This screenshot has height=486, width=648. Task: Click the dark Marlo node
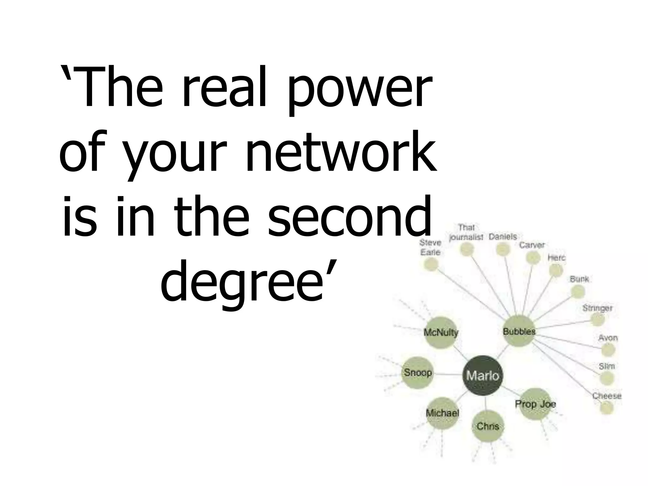[482, 376]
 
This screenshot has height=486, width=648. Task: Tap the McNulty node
[441, 333]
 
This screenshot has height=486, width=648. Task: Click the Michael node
[442, 413]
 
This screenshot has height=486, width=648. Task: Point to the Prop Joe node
[535, 404]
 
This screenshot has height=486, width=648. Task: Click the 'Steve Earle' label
[430, 247]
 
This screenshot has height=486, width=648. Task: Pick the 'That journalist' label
[466, 232]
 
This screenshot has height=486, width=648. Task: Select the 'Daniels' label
[502, 237]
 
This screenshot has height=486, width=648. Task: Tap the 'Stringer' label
[597, 308]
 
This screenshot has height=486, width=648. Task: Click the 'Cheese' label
[607, 396]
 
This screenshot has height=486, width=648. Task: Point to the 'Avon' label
[608, 338]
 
